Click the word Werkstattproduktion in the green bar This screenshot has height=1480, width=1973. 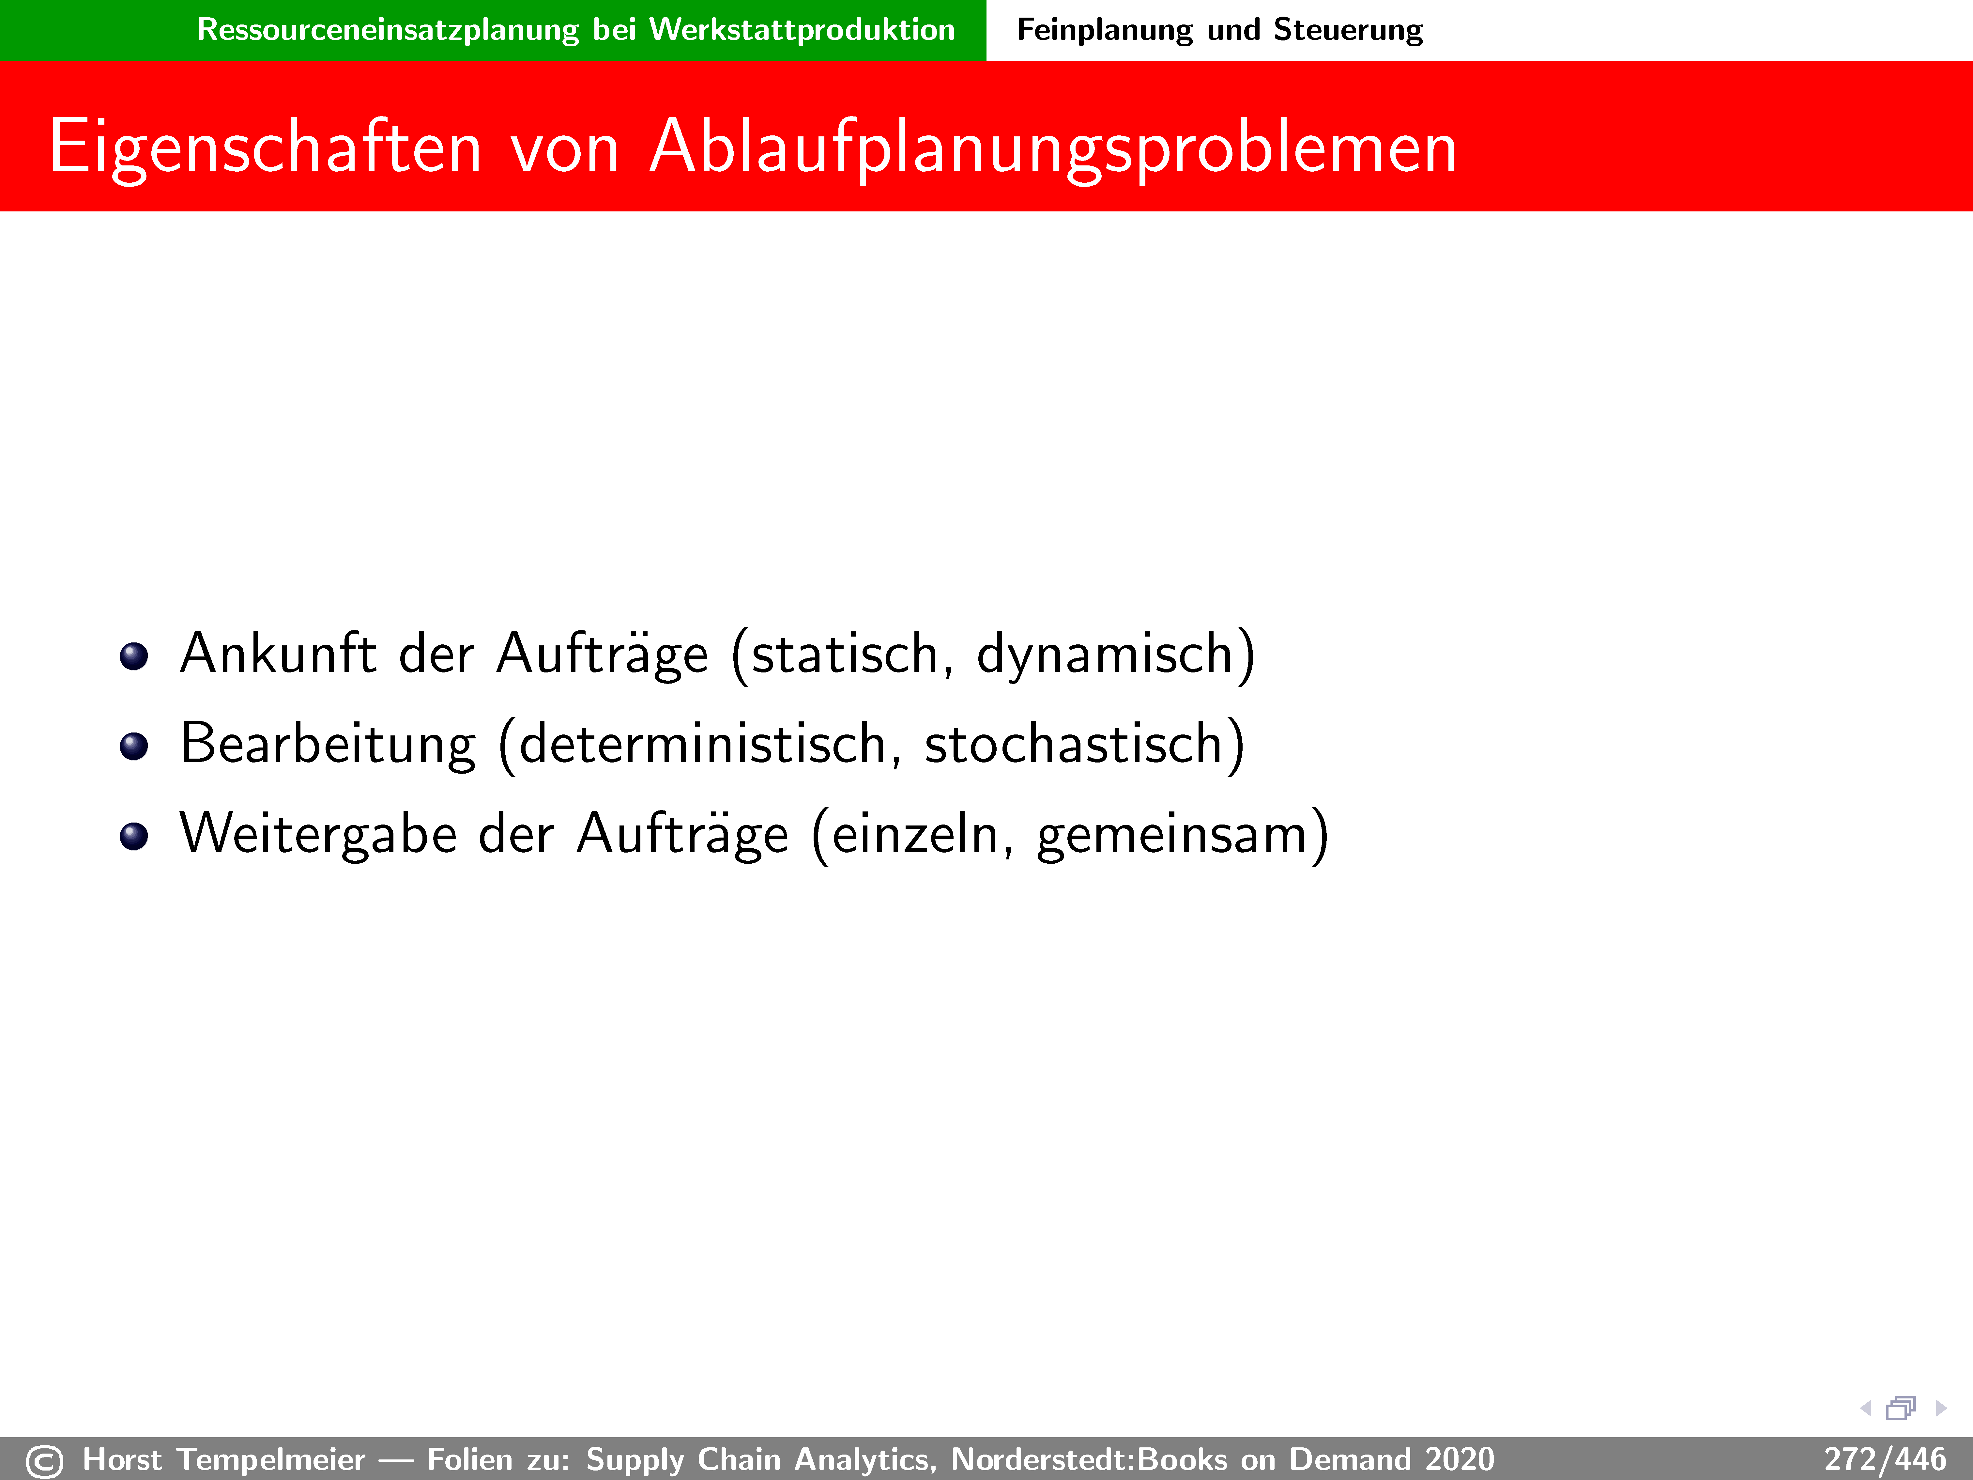[x=802, y=29]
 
